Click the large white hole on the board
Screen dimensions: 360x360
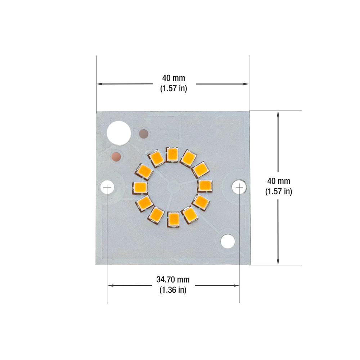tap(119, 133)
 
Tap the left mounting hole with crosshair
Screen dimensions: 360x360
tap(107, 187)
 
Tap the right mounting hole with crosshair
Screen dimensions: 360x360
tap(239, 187)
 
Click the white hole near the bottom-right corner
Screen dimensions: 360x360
tap(228, 241)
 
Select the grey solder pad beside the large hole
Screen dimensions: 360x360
tap(144, 134)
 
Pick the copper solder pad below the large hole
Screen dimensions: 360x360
tap(116, 157)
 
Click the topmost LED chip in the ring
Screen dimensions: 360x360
tap(172, 154)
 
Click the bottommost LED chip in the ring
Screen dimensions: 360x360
tap(174, 219)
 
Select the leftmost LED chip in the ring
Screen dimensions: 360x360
tap(140, 188)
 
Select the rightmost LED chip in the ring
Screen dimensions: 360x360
tap(205, 186)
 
